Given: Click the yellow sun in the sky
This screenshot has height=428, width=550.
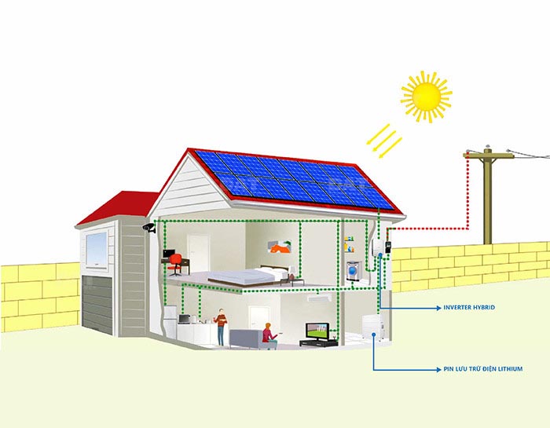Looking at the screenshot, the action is tap(426, 97).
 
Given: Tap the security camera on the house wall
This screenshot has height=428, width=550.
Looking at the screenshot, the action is tap(149, 228).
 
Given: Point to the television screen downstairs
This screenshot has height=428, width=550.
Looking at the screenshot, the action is tap(317, 331).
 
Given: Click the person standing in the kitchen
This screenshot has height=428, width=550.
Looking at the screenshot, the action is tap(221, 327).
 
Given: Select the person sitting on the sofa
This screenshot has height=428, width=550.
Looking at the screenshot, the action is tap(269, 336).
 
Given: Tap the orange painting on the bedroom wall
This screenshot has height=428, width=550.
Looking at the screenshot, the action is tap(280, 247).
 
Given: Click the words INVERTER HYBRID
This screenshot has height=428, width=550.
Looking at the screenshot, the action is tap(469, 307).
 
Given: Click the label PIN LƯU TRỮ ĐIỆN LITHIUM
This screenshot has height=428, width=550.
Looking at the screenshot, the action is tap(483, 369).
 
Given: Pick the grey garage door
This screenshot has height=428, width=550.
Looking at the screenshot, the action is tap(97, 304).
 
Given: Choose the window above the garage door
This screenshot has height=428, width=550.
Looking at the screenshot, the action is tap(97, 250).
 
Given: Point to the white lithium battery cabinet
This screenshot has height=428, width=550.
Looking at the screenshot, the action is tap(371, 327).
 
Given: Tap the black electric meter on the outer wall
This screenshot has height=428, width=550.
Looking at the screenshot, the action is tap(388, 247).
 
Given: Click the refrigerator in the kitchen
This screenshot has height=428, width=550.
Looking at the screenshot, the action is tap(170, 322).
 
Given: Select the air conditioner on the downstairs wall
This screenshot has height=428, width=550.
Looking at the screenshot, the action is tap(319, 298).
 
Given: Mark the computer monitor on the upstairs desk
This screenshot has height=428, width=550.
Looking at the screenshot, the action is tap(169, 254).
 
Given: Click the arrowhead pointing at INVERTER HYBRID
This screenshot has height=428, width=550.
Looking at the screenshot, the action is tap(438, 308).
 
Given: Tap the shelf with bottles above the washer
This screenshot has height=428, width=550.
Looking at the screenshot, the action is tap(350, 245).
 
